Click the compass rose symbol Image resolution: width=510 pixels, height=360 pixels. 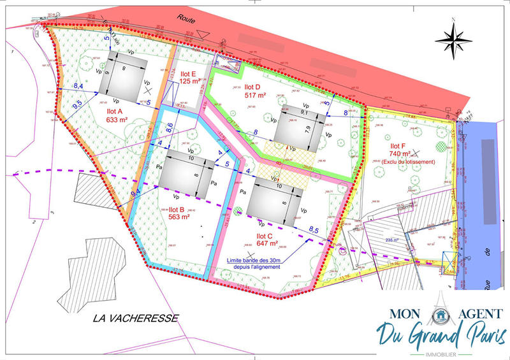[453, 40]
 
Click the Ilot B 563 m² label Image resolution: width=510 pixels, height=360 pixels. [179, 213]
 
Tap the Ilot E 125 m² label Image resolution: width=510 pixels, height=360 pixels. [190, 77]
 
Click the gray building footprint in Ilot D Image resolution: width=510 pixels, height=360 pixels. [298, 127]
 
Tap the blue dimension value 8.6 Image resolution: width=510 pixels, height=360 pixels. [170, 126]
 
